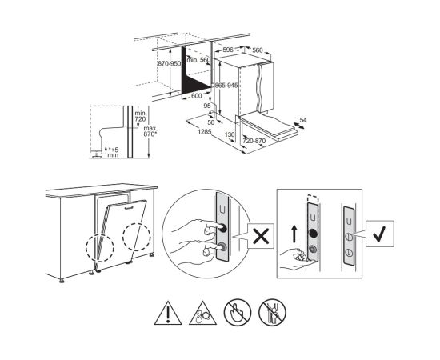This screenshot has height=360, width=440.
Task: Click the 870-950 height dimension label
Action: (170, 64)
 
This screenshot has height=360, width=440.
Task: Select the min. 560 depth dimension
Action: (198, 59)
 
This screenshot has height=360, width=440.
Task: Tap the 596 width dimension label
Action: (228, 50)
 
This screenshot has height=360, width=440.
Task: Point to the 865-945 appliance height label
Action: (226, 86)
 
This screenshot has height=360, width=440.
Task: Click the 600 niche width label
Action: (197, 96)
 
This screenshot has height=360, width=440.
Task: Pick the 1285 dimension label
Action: (204, 131)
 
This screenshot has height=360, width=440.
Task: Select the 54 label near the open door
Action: (303, 120)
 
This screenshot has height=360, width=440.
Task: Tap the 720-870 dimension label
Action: (254, 141)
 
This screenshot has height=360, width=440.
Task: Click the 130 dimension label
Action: (230, 134)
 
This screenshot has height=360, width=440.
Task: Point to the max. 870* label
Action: (150, 131)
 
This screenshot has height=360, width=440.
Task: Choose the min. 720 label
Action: (141, 116)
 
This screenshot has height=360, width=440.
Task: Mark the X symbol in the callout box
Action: (261, 236)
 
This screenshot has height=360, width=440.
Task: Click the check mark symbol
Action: (380, 234)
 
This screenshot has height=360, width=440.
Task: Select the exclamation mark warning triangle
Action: (168, 313)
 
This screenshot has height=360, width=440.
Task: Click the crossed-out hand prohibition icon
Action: (238, 312)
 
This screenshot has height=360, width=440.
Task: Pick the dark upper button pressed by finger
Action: (223, 228)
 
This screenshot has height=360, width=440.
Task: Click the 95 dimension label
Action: (207, 106)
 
